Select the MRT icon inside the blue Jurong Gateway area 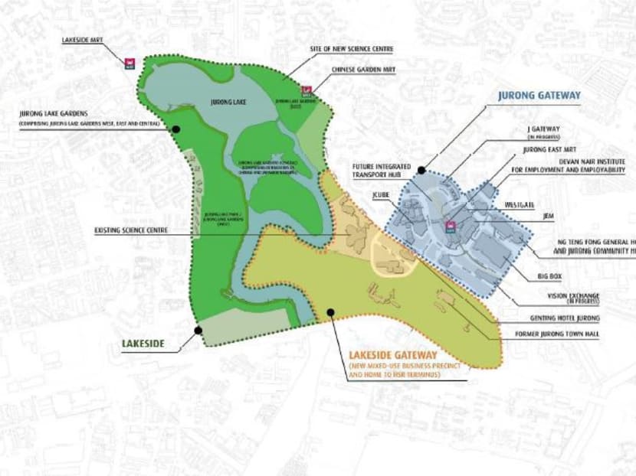451,226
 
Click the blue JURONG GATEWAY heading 539,96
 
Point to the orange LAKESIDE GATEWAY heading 393,356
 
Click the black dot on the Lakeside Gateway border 329,311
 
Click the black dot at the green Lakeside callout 198,331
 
